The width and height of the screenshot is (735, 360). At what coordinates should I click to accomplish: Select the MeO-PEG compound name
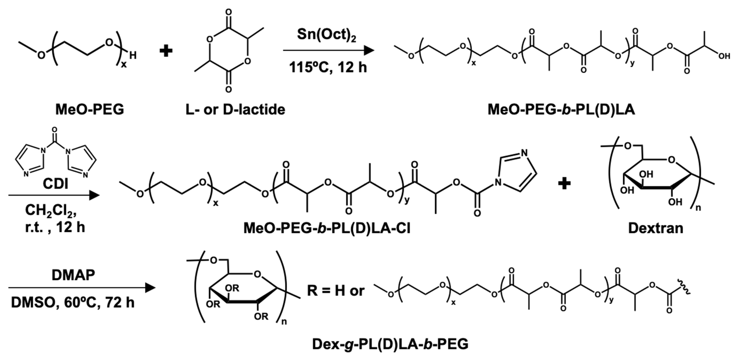click(90, 110)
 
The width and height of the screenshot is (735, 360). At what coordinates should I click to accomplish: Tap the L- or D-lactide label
click(235, 110)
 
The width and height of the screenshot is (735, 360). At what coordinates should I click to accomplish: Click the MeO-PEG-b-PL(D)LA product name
click(561, 110)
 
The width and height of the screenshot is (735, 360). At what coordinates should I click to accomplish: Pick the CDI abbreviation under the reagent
click(55, 184)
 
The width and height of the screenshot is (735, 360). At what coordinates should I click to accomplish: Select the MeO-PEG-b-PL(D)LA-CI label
click(327, 228)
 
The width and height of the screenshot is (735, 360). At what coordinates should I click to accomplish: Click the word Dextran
click(656, 228)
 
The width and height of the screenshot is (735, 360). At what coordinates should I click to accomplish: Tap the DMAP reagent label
click(73, 275)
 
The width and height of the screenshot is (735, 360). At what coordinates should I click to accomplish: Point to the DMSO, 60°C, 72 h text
click(73, 302)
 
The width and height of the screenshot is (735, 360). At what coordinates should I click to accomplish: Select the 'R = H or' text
click(336, 291)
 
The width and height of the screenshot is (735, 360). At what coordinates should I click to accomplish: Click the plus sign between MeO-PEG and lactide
click(166, 51)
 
